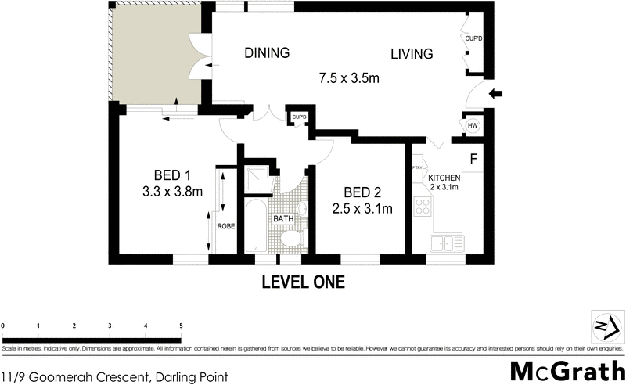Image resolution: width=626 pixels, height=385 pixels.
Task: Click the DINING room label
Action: [x=267, y=53]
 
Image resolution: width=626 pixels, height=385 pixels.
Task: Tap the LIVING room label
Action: [x=412, y=54]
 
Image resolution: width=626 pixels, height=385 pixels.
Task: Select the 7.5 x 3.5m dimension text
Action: [x=349, y=78]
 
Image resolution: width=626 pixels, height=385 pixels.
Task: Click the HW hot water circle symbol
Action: [x=473, y=126]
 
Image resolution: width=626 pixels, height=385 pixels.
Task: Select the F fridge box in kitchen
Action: [x=473, y=160]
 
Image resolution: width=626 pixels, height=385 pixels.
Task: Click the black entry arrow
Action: [x=497, y=95]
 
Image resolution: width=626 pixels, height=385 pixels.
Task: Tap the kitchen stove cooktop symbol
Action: [x=423, y=207]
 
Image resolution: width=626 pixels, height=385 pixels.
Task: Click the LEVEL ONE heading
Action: [x=303, y=282]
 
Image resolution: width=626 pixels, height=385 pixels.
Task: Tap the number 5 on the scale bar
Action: [x=182, y=325]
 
